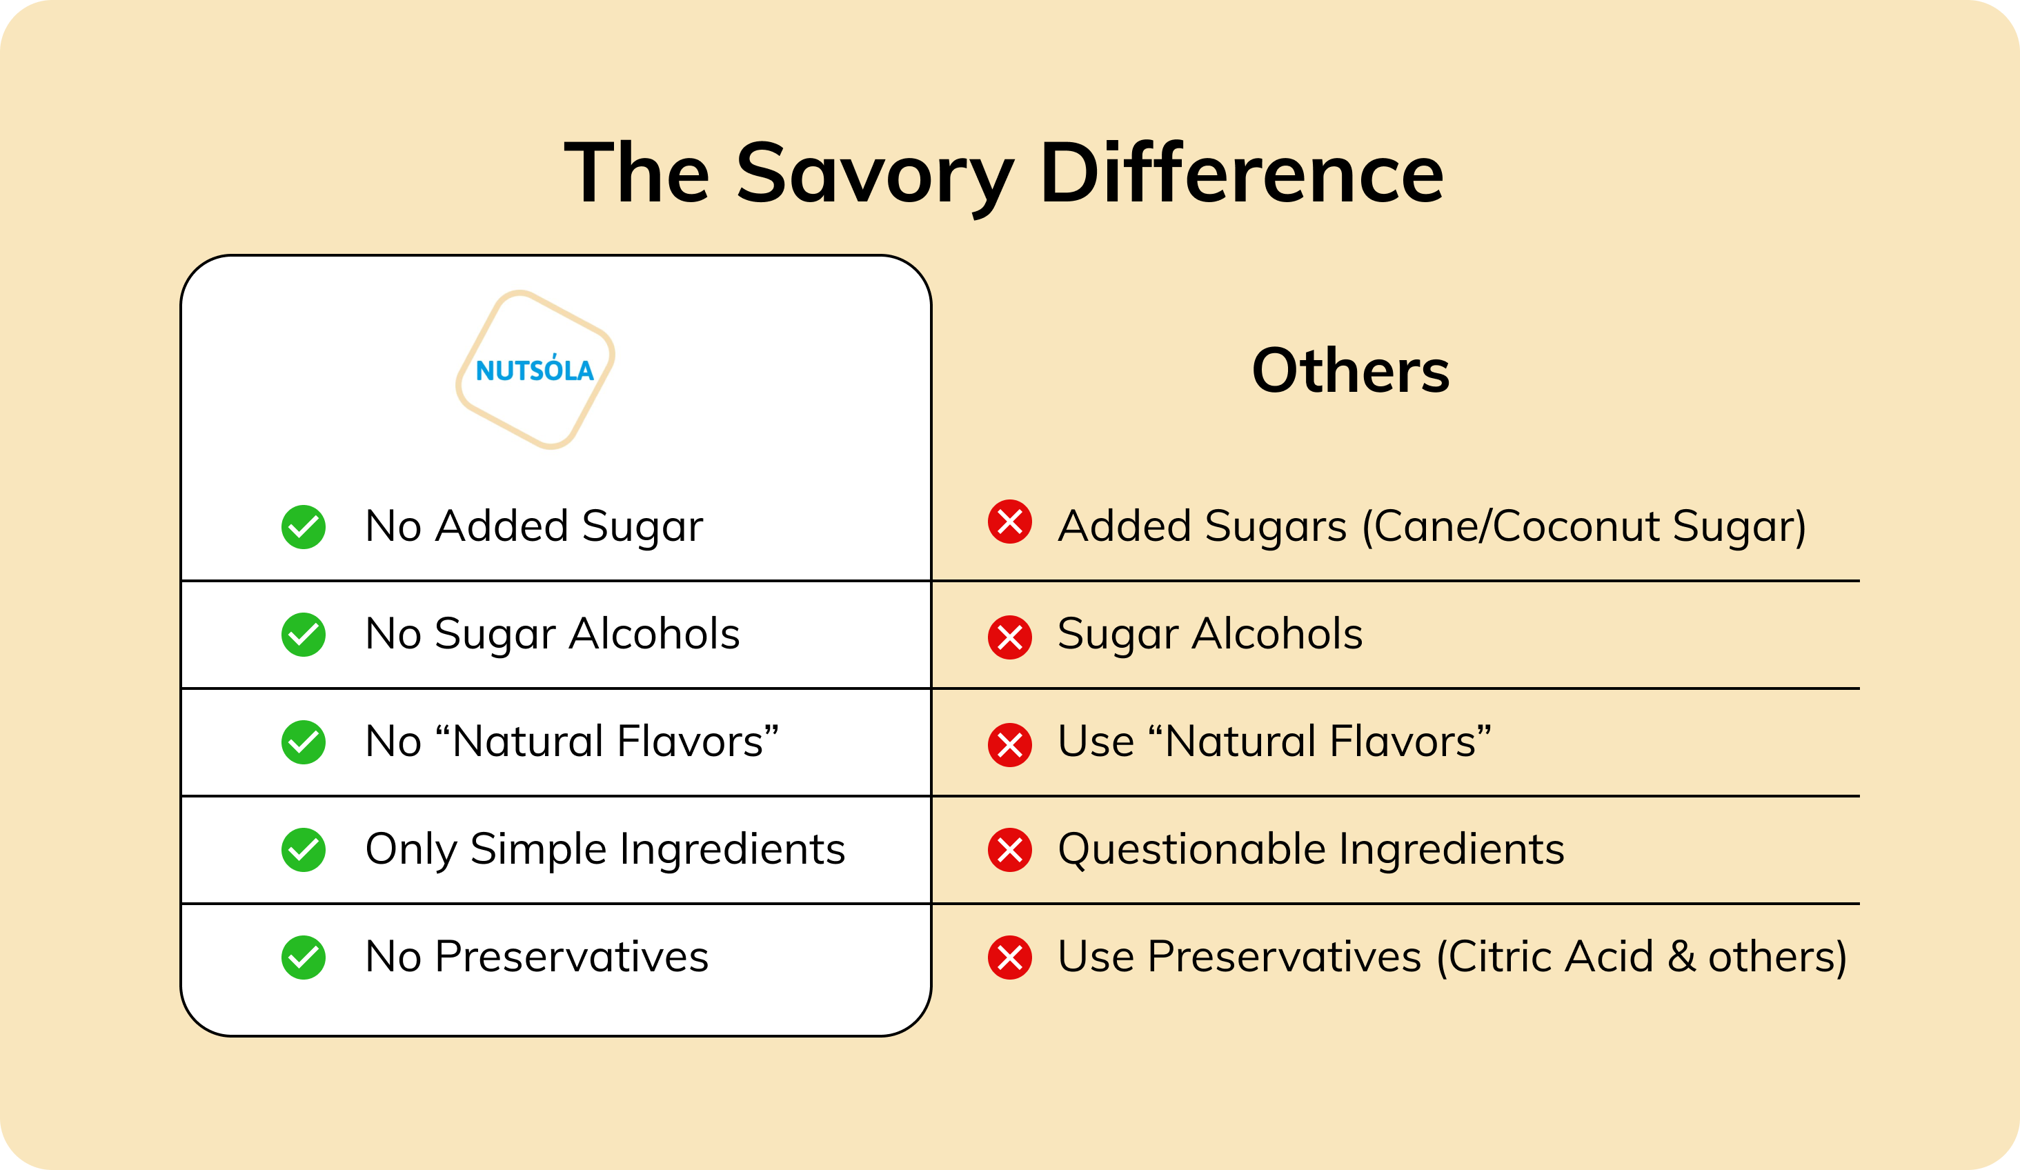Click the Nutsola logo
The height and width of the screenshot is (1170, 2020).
coord(535,370)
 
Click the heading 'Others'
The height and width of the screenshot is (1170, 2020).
coord(1351,370)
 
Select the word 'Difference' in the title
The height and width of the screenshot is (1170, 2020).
coord(1242,172)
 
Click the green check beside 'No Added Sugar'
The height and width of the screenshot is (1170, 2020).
coord(303,527)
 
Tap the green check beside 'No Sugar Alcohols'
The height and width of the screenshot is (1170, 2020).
coord(303,635)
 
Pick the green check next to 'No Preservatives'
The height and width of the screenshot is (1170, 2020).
coord(303,958)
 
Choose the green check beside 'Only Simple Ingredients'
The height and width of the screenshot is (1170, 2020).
coord(303,849)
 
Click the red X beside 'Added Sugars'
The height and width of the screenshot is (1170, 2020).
coord(1010,522)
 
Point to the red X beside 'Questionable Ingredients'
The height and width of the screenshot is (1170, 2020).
coord(1010,849)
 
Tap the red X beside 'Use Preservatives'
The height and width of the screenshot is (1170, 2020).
coord(1010,958)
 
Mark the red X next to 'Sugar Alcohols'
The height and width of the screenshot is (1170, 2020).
coord(1010,638)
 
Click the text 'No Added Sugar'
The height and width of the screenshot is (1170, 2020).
coord(534,527)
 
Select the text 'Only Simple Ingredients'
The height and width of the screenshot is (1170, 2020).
coord(605,849)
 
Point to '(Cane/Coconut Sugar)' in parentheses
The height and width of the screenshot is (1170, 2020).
coord(1584,527)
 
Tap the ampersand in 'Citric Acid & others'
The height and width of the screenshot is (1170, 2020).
coord(1681,957)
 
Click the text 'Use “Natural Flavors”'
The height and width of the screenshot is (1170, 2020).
coord(1274,742)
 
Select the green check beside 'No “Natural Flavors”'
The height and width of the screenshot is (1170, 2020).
coord(303,742)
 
